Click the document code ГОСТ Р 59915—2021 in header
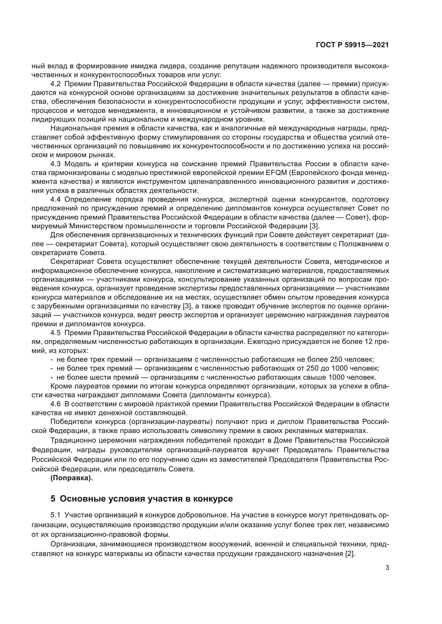pyautogui.click(x=352, y=45)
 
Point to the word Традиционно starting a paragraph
pyautogui.click(x=73, y=440)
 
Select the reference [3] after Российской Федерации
pyautogui.click(x=315, y=226)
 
